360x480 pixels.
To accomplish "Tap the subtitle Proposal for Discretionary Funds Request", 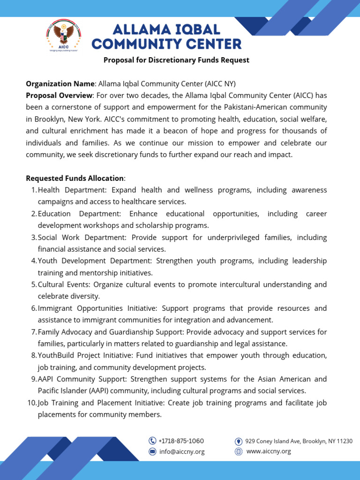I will [x=176, y=60].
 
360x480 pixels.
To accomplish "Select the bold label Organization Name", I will [x=60, y=84].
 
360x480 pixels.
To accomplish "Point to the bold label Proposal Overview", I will [x=60, y=96].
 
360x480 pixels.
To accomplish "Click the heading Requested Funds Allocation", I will [x=75, y=178].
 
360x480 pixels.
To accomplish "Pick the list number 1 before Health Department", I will [x=33, y=190].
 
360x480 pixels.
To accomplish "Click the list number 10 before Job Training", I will [x=31, y=403].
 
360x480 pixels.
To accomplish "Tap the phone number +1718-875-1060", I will [x=181, y=441].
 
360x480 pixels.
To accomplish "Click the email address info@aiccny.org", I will [x=181, y=452].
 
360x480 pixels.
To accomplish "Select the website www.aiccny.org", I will [x=268, y=451].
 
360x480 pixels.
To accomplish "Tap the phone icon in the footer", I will [x=152, y=441].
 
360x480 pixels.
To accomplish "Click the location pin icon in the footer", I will [x=238, y=442].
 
